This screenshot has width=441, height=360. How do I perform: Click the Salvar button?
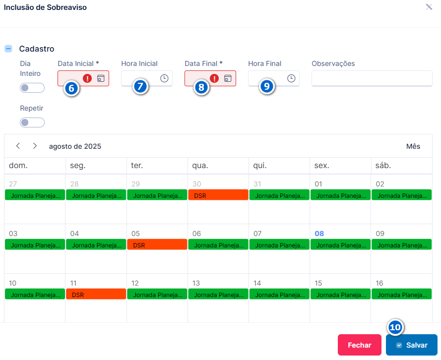pos(411,345)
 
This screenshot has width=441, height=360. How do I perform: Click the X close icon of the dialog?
pos(429,7)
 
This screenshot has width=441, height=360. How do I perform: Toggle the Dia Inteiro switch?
pos(32,88)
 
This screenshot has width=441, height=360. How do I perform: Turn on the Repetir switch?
pos(32,122)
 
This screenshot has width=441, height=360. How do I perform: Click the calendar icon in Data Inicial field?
pos(101,78)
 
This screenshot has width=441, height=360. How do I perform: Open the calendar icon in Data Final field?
pos(228,78)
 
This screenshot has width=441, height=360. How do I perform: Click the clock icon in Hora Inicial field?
pos(164,78)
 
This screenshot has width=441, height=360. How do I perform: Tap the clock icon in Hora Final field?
pos(291,78)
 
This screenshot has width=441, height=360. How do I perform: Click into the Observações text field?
pos(372,78)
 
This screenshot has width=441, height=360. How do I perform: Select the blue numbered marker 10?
pos(395,327)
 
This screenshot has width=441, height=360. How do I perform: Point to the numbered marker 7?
pos(140,86)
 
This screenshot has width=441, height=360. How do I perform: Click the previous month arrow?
pos(18,146)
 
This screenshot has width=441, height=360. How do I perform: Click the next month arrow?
pos(35,146)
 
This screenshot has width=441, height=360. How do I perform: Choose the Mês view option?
pos(413,146)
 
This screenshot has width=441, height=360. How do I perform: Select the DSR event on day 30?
pos(218,195)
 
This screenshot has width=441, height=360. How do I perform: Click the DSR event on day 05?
pos(157,244)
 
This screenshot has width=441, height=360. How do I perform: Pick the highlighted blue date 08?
pos(319,234)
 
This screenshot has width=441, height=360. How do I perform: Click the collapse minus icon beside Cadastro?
pos(8,49)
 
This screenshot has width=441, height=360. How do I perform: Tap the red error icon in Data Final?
pos(214,78)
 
